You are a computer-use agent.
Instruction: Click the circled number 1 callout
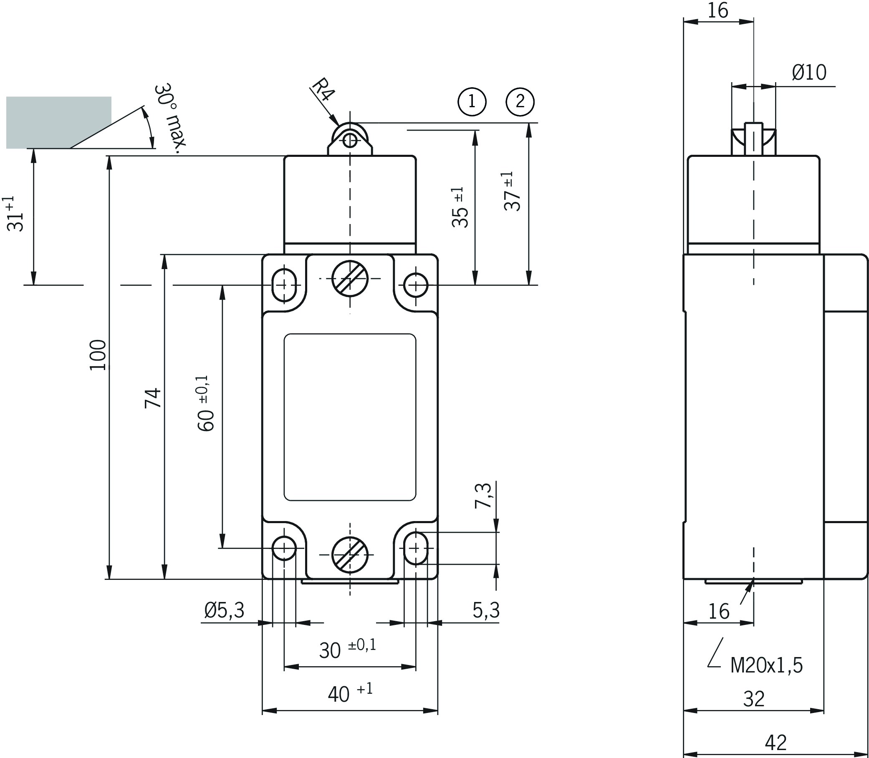tap(472, 101)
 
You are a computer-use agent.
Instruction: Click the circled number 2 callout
tap(520, 101)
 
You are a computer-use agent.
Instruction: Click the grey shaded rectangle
tap(58, 122)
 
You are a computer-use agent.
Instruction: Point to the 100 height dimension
tap(98, 355)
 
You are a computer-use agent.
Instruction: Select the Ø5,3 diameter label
tap(224, 610)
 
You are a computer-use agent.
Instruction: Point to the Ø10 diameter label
tap(809, 73)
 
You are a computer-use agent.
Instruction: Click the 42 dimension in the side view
tap(776, 742)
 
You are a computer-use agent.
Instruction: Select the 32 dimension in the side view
tap(754, 699)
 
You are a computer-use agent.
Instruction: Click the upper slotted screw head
tap(350, 278)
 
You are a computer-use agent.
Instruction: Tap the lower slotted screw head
tap(350, 554)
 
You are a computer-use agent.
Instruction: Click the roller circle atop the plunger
tap(350, 141)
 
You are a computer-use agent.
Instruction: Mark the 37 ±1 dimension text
tap(513, 191)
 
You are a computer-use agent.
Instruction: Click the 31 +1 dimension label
tap(16, 214)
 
